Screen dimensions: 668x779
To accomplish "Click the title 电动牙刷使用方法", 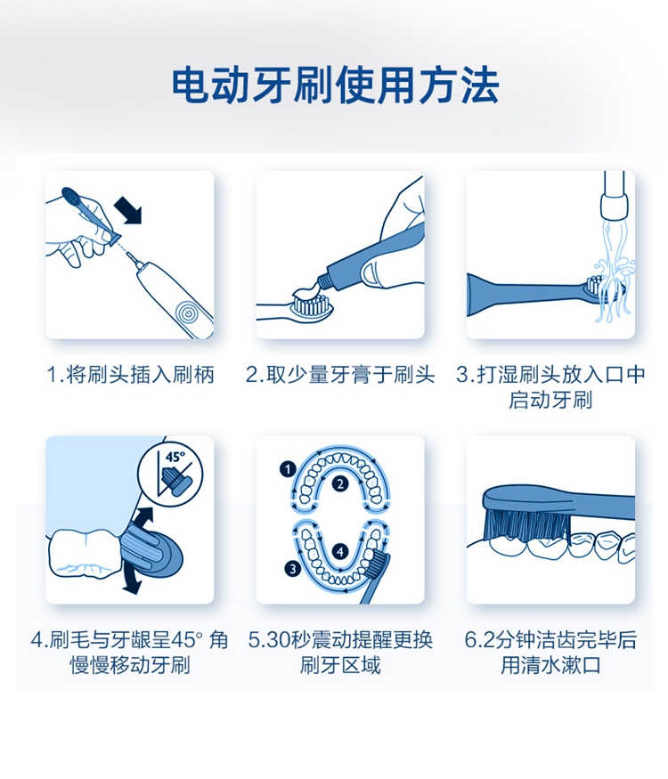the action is [x=336, y=85].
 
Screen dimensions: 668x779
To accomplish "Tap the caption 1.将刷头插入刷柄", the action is [x=130, y=375].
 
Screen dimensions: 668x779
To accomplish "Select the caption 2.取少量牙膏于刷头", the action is [x=340, y=375].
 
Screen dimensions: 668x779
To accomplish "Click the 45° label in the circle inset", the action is [x=175, y=457].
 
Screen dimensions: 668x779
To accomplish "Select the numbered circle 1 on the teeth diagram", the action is [x=288, y=469].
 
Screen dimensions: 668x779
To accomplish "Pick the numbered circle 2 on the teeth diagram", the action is [x=340, y=483].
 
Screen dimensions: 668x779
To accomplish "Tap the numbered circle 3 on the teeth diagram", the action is [x=293, y=569].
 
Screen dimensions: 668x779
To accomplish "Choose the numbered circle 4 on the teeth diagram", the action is [x=340, y=551].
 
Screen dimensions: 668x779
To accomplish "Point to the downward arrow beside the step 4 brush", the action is [x=131, y=580].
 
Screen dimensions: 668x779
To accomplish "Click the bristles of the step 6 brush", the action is [x=528, y=523].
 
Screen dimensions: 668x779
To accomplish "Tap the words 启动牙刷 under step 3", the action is [x=550, y=400].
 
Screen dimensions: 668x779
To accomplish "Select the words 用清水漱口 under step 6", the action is [x=550, y=665].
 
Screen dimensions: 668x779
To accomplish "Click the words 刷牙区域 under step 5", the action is [x=340, y=665].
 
